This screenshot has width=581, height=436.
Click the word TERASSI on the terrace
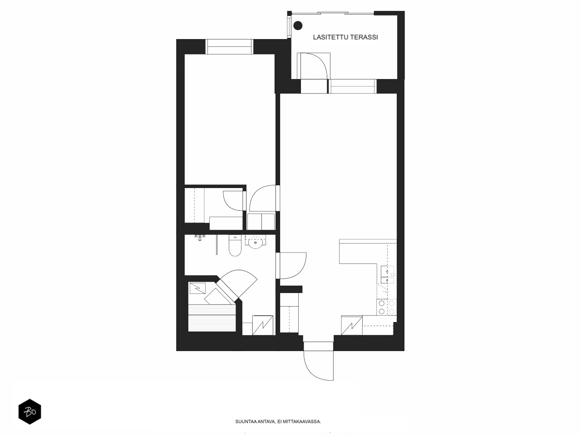pyautogui.click(x=363, y=37)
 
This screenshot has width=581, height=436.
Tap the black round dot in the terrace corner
pyautogui.click(x=298, y=25)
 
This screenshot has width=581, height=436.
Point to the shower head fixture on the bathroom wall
pyautogui.click(x=200, y=238)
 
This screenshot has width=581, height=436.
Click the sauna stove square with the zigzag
pyautogui.click(x=197, y=288)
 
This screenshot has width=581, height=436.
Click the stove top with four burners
pyautogui.click(x=386, y=307)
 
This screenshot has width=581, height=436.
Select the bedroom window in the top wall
pyautogui.click(x=229, y=47)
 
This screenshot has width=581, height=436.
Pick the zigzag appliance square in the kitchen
pyautogui.click(x=352, y=325)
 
